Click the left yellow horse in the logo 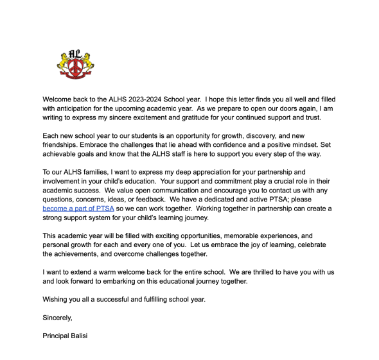coord(63,63)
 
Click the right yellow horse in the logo coord(88,63)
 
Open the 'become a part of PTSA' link coord(78,209)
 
